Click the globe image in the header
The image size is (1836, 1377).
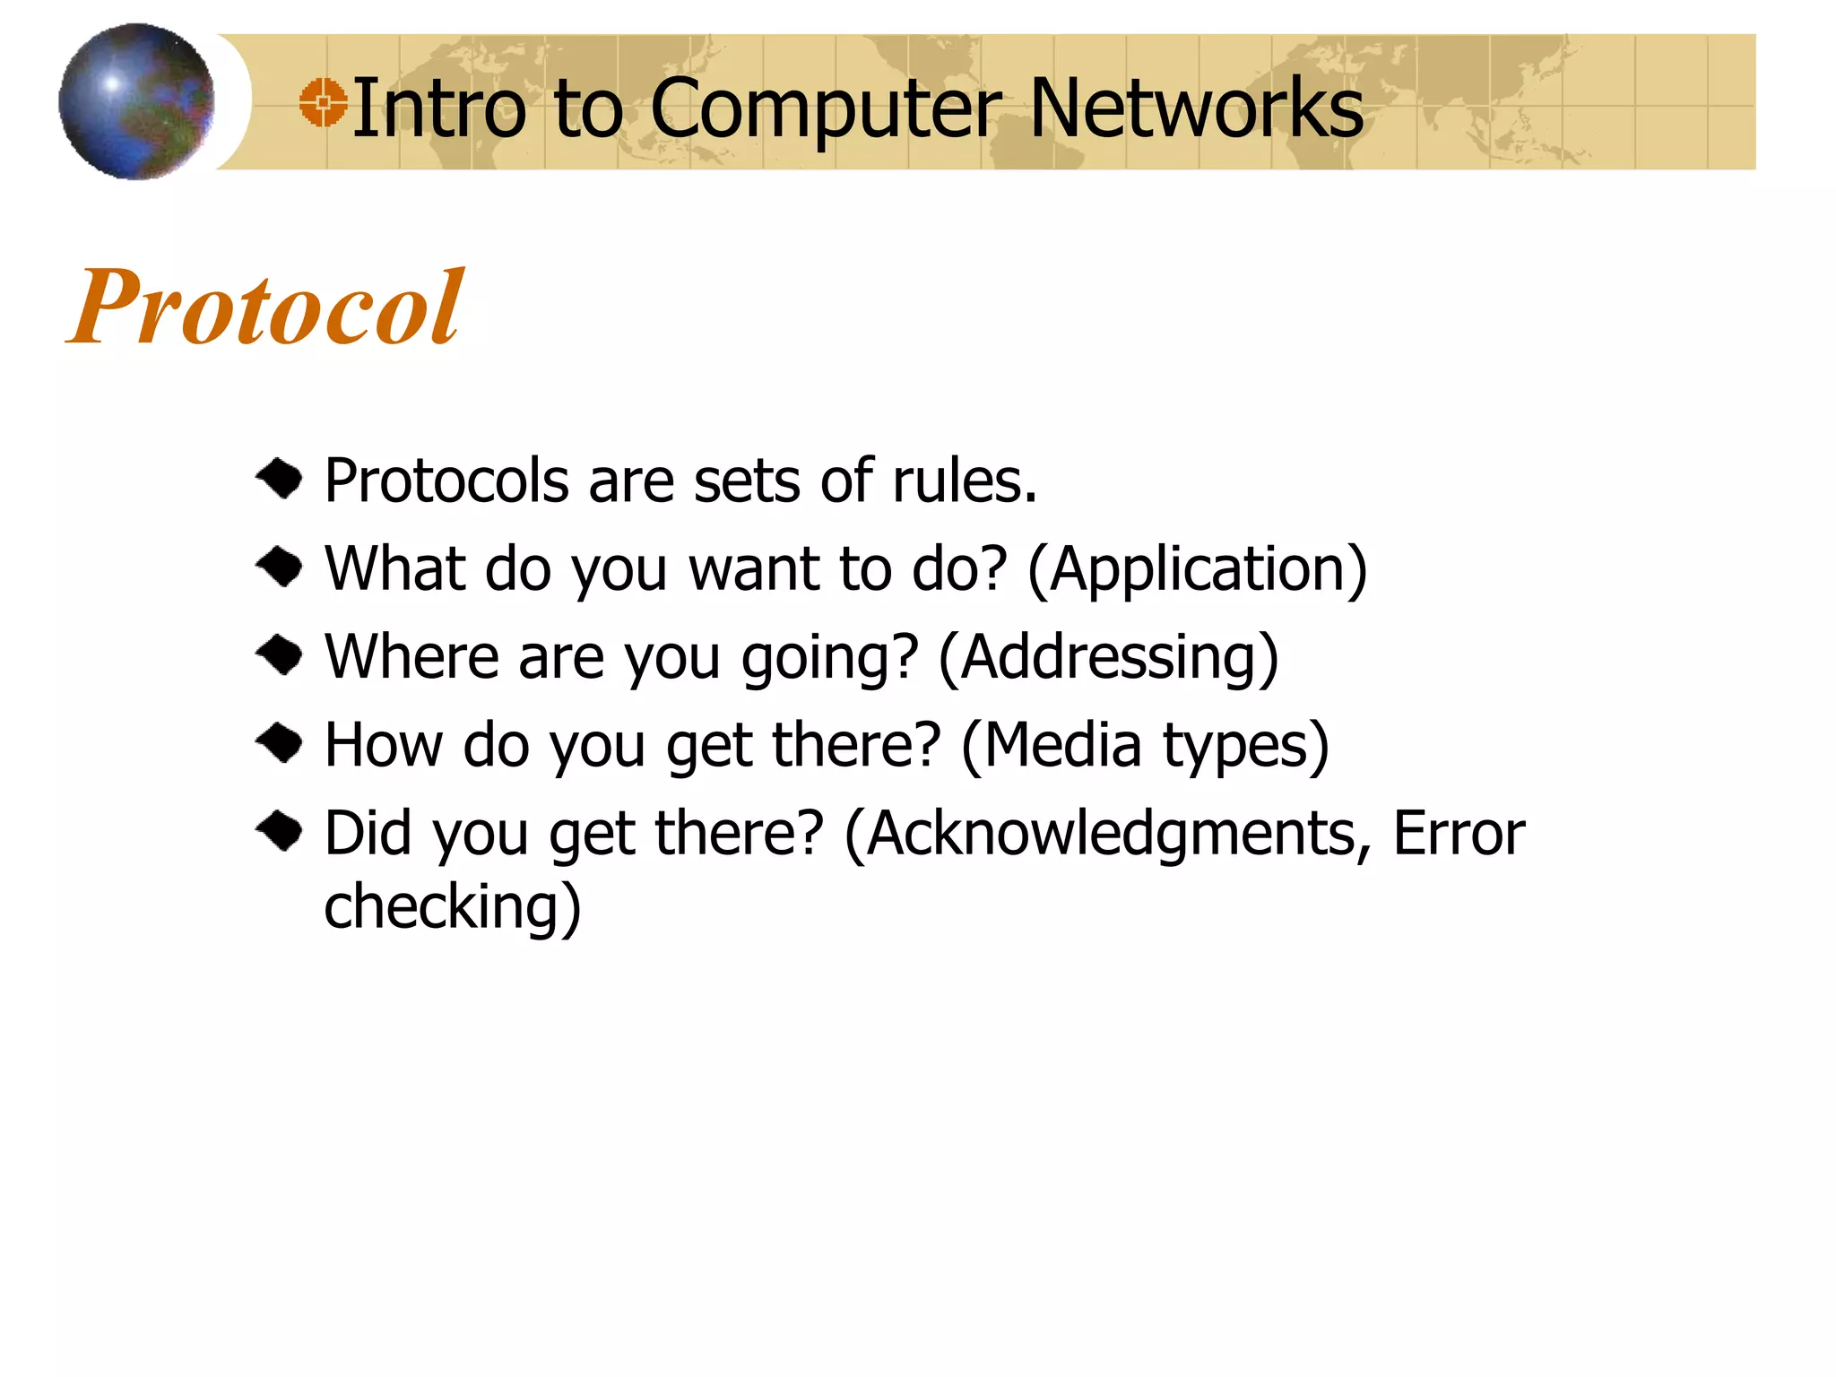(x=136, y=101)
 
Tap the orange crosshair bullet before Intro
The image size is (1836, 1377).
(x=323, y=102)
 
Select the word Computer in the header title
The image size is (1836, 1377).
(x=825, y=109)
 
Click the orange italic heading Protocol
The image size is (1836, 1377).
(x=265, y=307)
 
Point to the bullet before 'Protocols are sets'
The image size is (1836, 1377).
(x=281, y=480)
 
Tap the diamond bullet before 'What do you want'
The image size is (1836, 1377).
(x=281, y=567)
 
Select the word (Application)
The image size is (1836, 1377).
(x=1198, y=570)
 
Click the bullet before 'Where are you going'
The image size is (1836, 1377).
(x=281, y=655)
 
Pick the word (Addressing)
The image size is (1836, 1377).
(x=1108, y=658)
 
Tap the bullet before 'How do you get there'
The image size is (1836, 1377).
(x=281, y=743)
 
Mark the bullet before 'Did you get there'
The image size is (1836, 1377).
(x=281, y=831)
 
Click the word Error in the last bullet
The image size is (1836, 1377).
(x=1459, y=834)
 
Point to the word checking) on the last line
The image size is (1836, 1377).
(x=453, y=906)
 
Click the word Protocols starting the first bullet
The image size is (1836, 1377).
(x=446, y=481)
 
